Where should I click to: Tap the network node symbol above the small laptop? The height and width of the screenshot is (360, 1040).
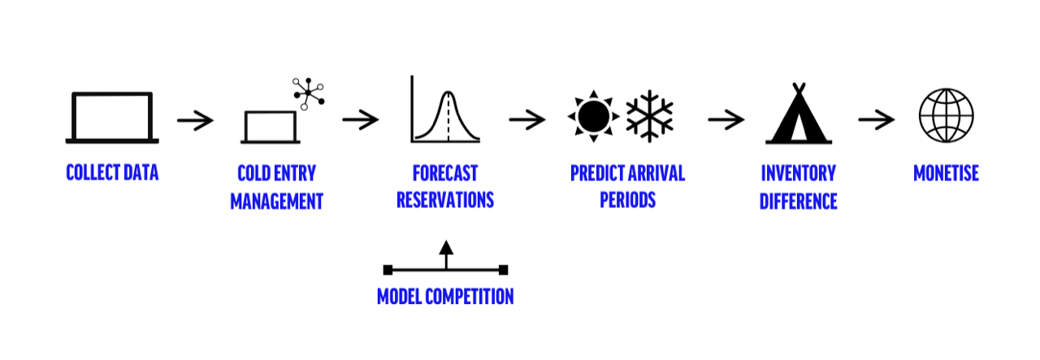308,93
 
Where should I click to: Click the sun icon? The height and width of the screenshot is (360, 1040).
593,116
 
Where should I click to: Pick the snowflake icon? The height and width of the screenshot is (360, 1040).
649,116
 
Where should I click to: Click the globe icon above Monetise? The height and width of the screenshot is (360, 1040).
947,115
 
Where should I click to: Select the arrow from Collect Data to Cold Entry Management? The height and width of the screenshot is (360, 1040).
195,120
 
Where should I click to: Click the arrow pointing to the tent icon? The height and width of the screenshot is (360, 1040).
726,119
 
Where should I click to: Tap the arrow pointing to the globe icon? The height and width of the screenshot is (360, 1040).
877,119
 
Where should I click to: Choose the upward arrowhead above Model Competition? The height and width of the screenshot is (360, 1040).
446,248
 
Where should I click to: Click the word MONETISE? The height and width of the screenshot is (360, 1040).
946,173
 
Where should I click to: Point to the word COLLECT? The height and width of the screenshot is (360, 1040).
93,172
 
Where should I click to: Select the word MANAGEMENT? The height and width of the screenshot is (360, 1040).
277,202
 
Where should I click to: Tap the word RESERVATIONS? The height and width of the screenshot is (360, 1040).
445,200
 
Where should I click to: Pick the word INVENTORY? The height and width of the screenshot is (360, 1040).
798,173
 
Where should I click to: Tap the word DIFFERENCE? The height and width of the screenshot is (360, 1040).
798,202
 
